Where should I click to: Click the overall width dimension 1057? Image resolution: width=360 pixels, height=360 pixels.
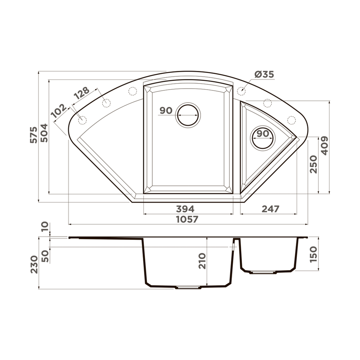[187, 219]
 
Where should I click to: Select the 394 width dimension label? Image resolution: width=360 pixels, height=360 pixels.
[185, 209]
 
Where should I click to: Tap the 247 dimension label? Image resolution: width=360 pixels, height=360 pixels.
[270, 209]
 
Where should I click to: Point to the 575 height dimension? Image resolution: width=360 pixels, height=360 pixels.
[33, 135]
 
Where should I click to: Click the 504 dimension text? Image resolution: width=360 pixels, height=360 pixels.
[44, 133]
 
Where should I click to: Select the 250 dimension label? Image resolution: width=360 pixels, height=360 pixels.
[314, 164]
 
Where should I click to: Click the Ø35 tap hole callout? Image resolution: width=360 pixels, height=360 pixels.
[264, 75]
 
